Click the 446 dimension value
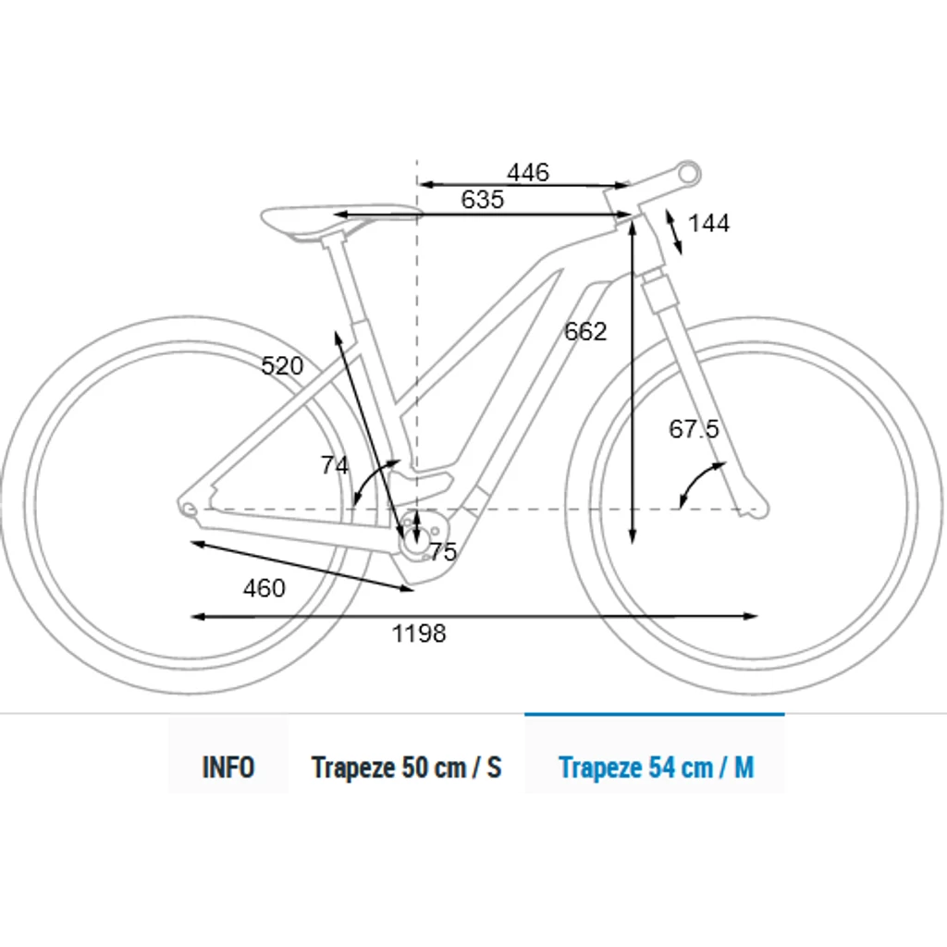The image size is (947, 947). [x=528, y=173]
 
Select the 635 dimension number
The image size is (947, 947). [x=482, y=200]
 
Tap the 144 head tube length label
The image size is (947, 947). [x=708, y=224]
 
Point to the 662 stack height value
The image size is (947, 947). [x=585, y=332]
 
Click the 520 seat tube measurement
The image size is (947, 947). [x=282, y=366]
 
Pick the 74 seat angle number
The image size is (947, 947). [x=335, y=465]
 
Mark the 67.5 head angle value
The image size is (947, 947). [x=694, y=429]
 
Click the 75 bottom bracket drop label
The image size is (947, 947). [x=443, y=551]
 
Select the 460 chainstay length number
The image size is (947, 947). [x=264, y=588]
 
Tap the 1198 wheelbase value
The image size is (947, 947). [x=419, y=633]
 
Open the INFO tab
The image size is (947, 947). [x=228, y=767]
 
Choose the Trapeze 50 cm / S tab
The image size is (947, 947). [x=407, y=767]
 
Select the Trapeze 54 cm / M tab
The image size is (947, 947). [x=656, y=767]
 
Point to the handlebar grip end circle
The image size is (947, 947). [x=688, y=173]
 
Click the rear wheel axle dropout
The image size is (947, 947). [x=189, y=510]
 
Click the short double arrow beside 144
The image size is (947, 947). [x=674, y=232]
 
